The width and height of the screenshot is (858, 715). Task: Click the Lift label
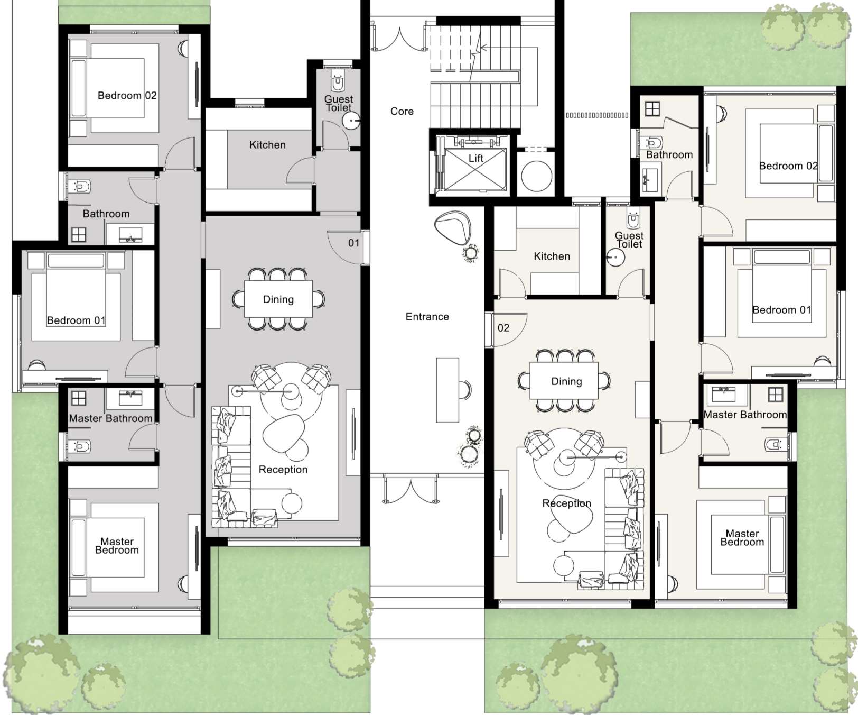point(475,158)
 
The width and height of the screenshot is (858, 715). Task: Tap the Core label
point(402,112)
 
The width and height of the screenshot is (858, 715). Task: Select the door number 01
point(353,243)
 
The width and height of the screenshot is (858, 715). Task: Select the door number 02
point(503,328)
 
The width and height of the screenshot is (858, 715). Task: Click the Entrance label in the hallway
point(427,317)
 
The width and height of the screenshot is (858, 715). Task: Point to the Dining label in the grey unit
point(278,299)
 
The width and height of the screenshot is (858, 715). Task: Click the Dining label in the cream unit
point(566,381)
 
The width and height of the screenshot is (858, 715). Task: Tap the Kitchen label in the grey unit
point(267,145)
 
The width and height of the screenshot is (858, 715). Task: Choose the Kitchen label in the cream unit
point(552,256)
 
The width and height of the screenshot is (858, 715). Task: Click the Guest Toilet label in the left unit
point(339,103)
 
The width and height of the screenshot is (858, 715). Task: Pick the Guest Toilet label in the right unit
point(629,240)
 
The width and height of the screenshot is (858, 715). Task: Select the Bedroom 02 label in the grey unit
point(127,96)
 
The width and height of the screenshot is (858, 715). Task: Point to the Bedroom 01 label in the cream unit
point(781,310)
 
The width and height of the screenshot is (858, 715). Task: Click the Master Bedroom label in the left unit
point(117,546)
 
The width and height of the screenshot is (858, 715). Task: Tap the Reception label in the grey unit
point(283,470)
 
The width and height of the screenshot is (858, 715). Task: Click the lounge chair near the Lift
point(453,226)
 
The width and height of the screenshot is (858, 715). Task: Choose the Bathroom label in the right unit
point(669,155)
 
